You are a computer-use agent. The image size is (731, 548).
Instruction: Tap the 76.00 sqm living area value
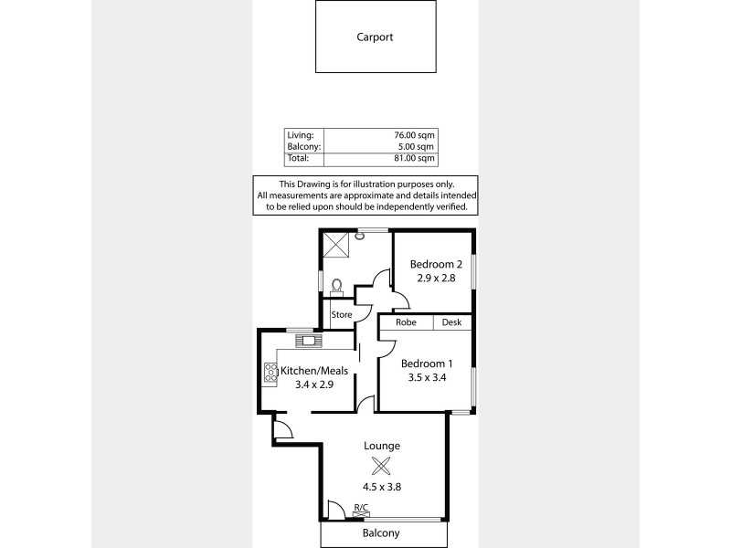click(x=414, y=135)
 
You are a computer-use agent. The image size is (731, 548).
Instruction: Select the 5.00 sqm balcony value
click(x=417, y=146)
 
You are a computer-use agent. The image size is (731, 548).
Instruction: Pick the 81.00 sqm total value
click(x=414, y=158)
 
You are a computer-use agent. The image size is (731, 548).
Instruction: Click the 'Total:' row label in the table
click(x=299, y=158)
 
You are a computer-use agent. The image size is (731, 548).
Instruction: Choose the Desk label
click(x=451, y=322)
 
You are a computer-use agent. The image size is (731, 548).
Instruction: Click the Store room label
click(x=341, y=315)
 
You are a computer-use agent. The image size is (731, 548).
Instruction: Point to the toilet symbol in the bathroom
click(x=337, y=287)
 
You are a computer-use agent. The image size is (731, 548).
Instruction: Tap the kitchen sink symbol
click(x=309, y=342)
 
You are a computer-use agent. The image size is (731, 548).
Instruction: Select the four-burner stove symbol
click(x=271, y=372)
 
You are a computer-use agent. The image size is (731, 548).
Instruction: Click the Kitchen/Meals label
click(x=313, y=371)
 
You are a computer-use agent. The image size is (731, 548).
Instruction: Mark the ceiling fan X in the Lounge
click(x=382, y=465)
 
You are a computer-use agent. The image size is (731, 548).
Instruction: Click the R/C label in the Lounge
click(x=360, y=507)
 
